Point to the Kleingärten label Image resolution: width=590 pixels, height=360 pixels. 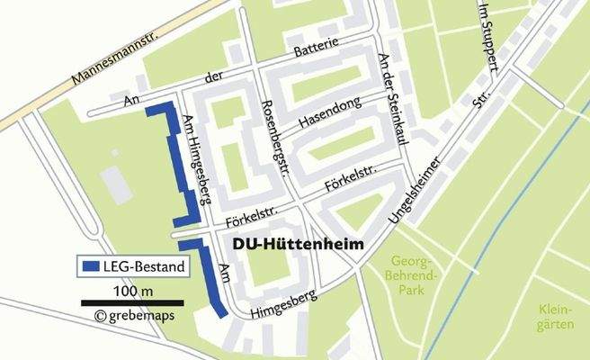click(555, 317)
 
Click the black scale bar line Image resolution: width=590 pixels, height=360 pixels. click(132, 302)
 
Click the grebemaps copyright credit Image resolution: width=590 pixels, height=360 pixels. click(134, 316)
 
